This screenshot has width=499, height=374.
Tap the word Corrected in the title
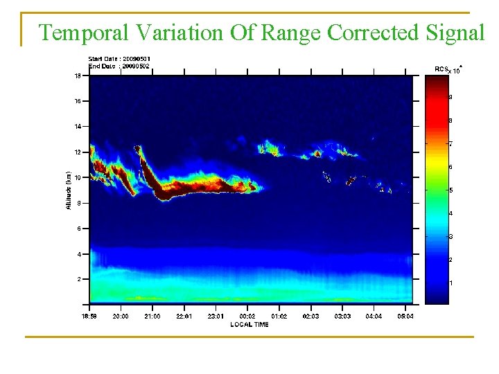[373, 33]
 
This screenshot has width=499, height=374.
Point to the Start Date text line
[119, 59]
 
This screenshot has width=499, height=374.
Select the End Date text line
[119, 66]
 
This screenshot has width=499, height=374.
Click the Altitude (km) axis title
[67, 190]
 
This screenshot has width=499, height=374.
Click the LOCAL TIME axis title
[249, 324]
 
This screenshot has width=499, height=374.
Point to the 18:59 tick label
[89, 316]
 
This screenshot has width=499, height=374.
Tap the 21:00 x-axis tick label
[152, 316]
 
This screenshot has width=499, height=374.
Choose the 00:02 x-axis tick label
[247, 316]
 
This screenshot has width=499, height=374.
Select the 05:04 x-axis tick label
[405, 316]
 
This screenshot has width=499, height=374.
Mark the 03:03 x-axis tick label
[342, 316]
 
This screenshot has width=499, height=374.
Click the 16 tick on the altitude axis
[78, 101]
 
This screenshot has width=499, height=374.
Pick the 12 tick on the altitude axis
[78, 152]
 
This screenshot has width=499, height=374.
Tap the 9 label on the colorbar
[450, 97]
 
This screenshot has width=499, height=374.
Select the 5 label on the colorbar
[450, 190]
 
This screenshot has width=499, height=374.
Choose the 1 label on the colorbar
[450, 283]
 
